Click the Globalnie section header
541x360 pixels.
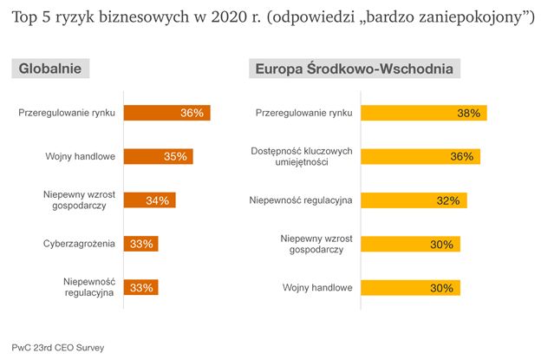pyautogui.click(x=51, y=69)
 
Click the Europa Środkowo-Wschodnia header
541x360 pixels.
pyautogui.click(x=355, y=69)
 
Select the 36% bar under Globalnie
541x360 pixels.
pyautogui.click(x=166, y=113)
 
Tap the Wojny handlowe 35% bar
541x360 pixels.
pyautogui.click(x=158, y=157)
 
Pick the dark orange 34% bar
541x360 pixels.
pyautogui.click(x=149, y=200)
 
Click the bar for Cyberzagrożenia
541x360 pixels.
pyautogui.click(x=140, y=244)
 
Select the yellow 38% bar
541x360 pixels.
pyautogui.click(x=423, y=113)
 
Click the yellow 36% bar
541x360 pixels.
pyautogui.click(x=420, y=157)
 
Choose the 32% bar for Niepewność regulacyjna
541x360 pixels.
pyautogui.click(x=413, y=200)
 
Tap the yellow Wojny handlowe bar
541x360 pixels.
pyautogui.click(x=409, y=288)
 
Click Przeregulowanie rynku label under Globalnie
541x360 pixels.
pyautogui.click(x=67, y=113)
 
